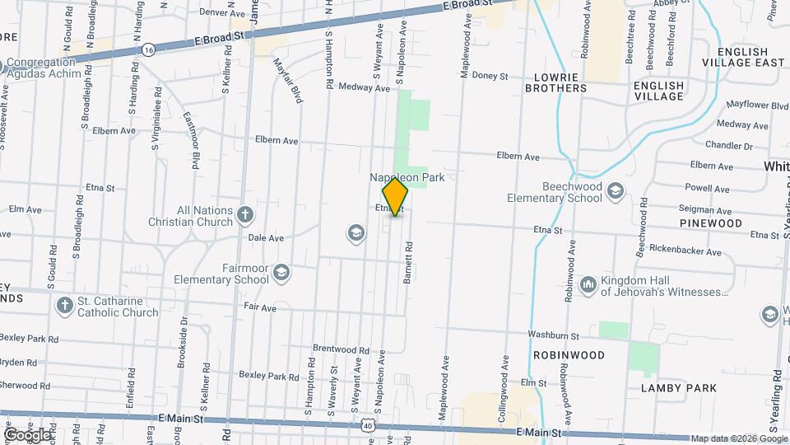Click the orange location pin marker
click(x=396, y=196)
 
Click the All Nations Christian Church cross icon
click(x=244, y=215)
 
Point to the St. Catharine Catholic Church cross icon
click(x=65, y=306)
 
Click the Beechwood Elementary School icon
click(x=615, y=192)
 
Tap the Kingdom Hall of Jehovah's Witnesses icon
click(x=588, y=285)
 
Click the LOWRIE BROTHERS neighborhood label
click(x=560, y=82)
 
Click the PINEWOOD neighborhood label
click(x=711, y=223)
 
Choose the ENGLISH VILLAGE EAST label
click(x=744, y=57)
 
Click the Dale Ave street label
click(x=266, y=237)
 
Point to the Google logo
click(x=27, y=434)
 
